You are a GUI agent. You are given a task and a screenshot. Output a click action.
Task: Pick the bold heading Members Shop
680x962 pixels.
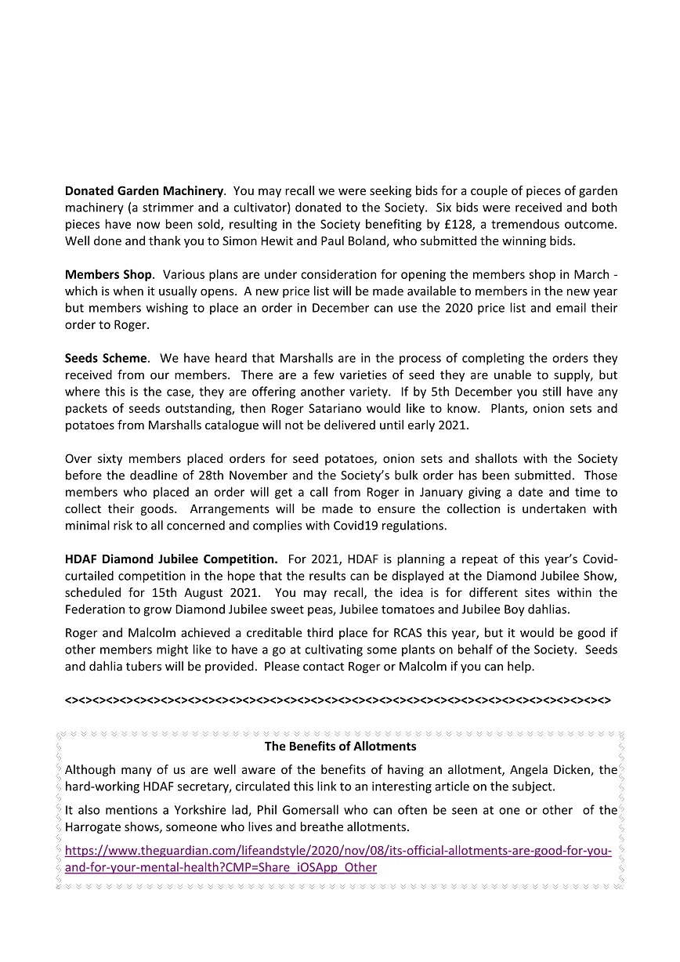[109, 274]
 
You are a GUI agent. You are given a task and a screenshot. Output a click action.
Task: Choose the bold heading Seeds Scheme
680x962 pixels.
[106, 358]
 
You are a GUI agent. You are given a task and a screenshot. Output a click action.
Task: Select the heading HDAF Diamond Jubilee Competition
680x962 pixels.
[171, 559]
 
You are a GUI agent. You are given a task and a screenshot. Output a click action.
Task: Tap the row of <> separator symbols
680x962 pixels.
[338, 699]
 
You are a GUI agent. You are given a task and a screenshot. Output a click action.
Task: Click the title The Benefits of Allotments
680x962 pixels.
[340, 747]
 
